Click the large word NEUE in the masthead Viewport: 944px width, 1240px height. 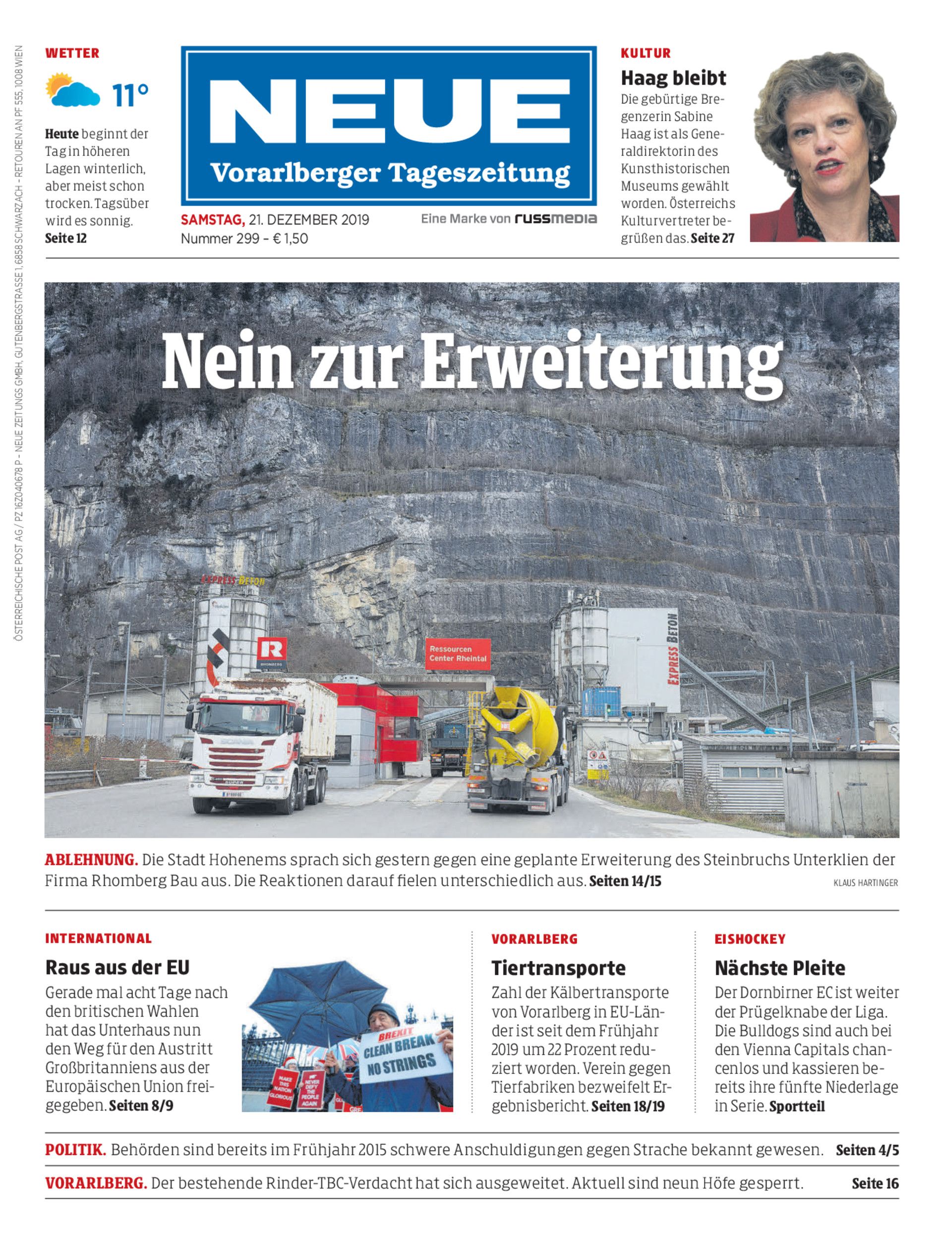tap(389, 111)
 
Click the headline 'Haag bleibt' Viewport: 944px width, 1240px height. tap(673, 77)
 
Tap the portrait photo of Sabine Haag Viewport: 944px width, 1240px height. tap(825, 147)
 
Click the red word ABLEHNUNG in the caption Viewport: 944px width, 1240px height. tap(91, 860)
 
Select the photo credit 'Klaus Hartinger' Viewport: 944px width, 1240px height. tap(865, 883)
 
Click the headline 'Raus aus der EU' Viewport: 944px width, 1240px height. tap(118, 967)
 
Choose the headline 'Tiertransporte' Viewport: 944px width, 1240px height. tap(558, 967)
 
